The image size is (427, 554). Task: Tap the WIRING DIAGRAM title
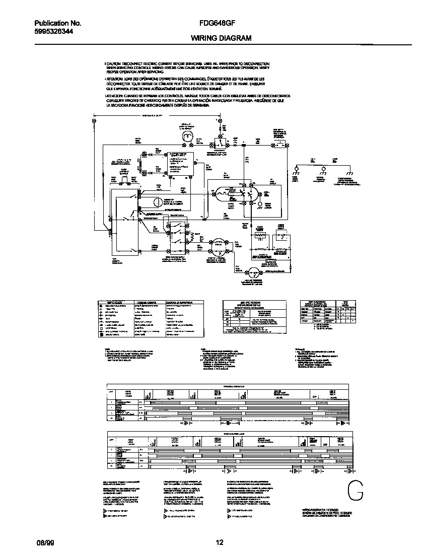click(221, 38)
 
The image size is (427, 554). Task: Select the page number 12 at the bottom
click(219, 542)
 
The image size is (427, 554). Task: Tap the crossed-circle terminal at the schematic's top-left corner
click(94, 121)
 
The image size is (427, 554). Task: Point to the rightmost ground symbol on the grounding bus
click(348, 169)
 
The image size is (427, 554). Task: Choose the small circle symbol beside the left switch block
click(157, 202)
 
